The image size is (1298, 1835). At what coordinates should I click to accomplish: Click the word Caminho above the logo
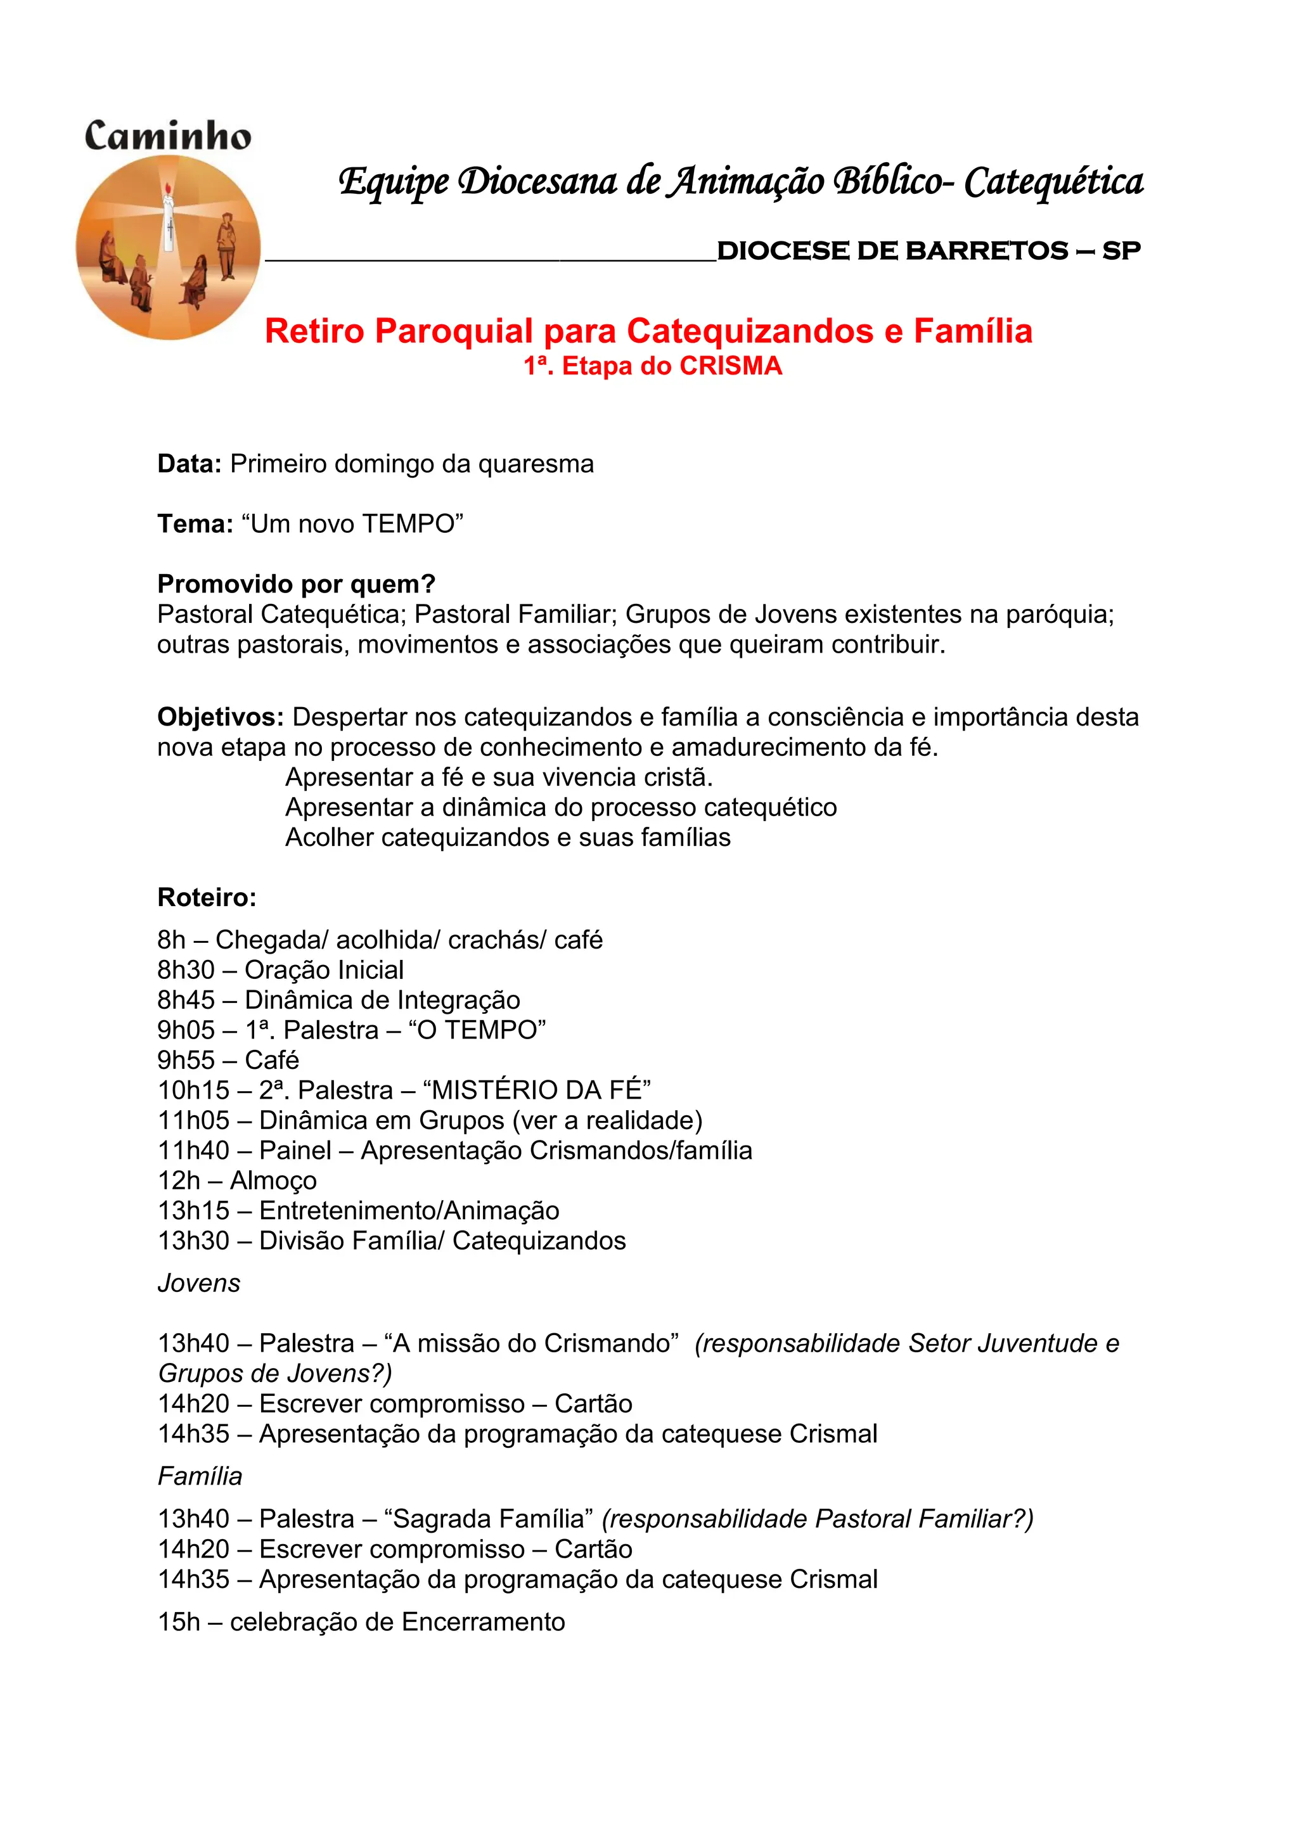(x=168, y=136)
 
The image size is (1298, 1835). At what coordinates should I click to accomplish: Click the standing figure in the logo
(x=227, y=245)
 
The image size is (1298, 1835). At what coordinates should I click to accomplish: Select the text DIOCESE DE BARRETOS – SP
(x=929, y=251)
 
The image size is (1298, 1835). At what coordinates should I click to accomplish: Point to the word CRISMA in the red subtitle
(x=731, y=366)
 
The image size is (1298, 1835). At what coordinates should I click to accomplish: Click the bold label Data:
(x=190, y=464)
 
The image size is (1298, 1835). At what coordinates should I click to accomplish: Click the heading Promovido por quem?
(x=296, y=584)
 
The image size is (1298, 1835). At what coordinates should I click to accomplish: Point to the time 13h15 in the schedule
(x=193, y=1210)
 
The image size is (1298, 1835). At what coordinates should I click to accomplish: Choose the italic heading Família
(x=200, y=1476)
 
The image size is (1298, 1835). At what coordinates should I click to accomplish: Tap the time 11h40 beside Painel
(x=193, y=1150)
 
